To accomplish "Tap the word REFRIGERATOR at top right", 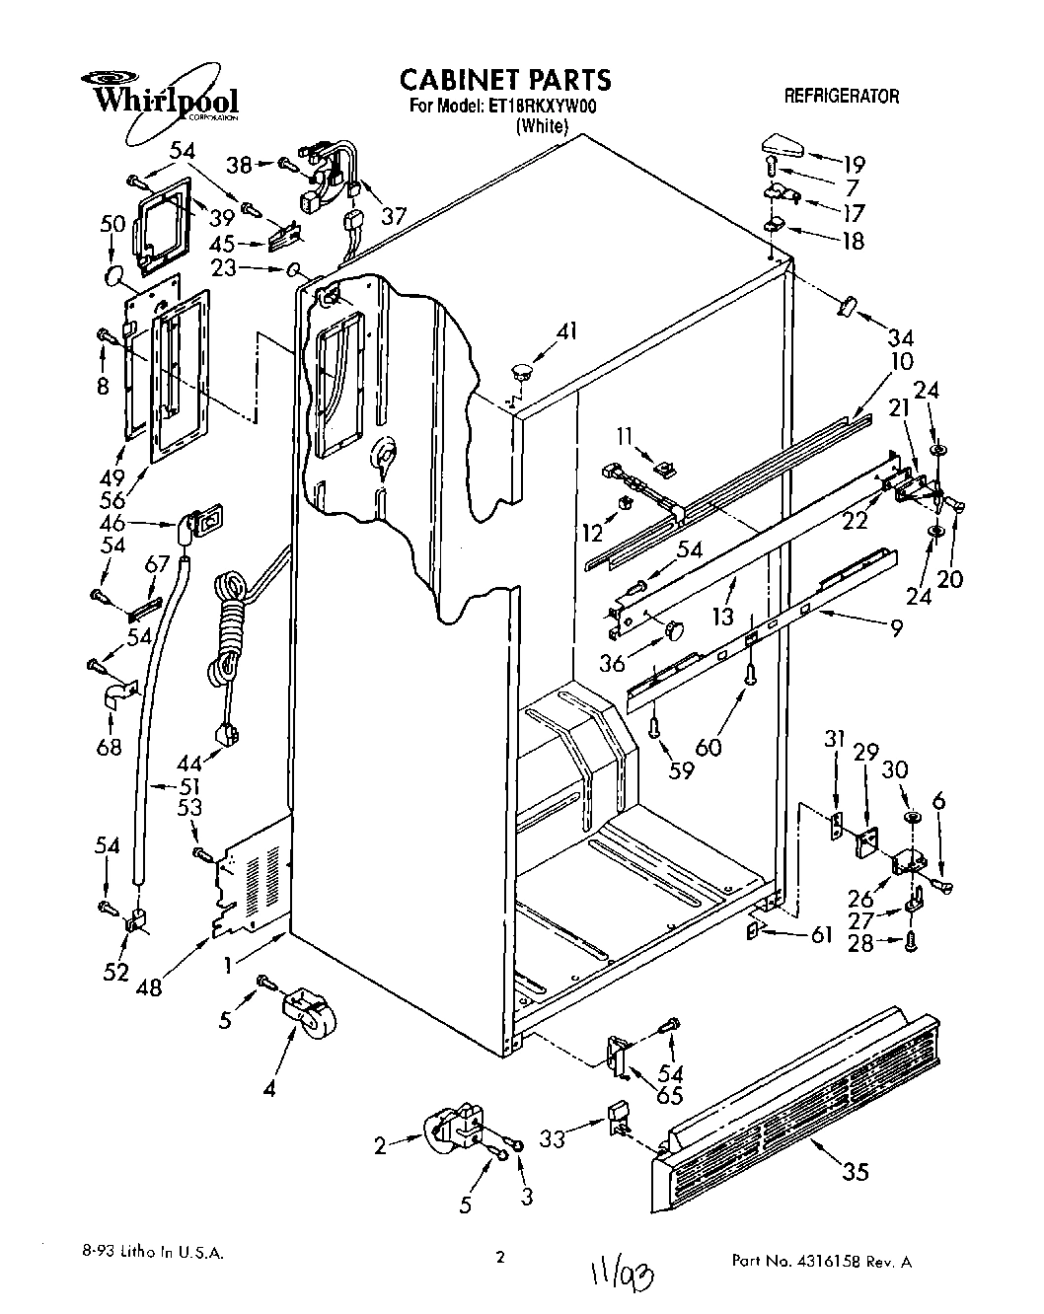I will pyautogui.click(x=841, y=96).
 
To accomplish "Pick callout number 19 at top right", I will pyautogui.click(x=853, y=164).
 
